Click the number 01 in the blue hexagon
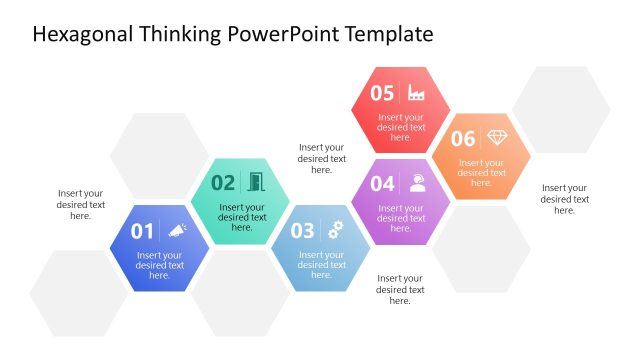[x=142, y=232]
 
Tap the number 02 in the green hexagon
[x=223, y=183]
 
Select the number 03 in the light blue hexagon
[x=302, y=231]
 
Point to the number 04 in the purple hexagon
[x=382, y=184]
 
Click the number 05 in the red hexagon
[x=382, y=93]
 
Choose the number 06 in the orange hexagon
[x=462, y=139]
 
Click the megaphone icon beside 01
[x=177, y=231]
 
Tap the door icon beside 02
[x=256, y=182]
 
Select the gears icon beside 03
[x=336, y=230]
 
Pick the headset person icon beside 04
[x=417, y=183]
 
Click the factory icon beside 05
[x=417, y=93]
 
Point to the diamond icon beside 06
[x=497, y=138]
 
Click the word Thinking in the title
[x=176, y=35]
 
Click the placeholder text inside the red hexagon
[x=401, y=127]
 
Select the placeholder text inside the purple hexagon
[x=401, y=218]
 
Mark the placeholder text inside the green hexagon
[x=242, y=217]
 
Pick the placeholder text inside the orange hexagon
[x=481, y=173]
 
